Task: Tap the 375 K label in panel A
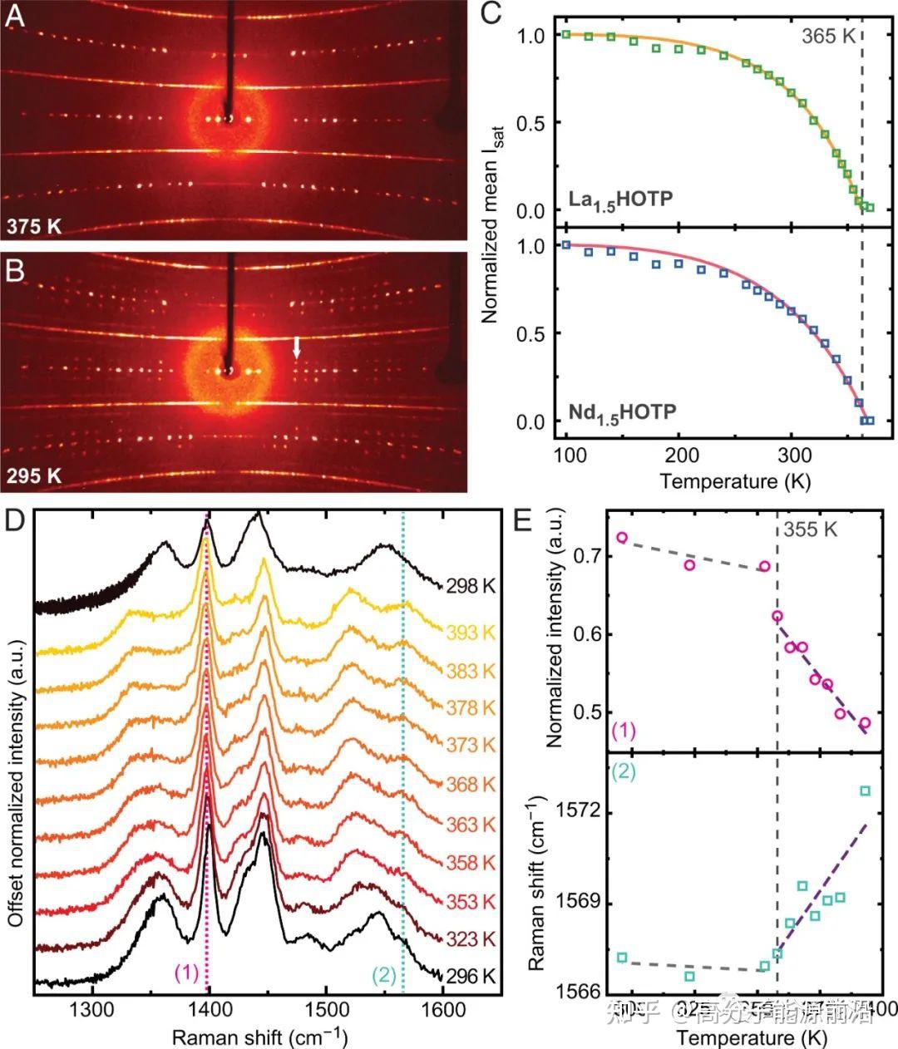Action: click(x=34, y=224)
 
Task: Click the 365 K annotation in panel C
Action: click(x=827, y=36)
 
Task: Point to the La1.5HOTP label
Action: click(x=620, y=200)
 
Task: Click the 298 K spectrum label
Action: click(x=470, y=586)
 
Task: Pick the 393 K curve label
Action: click(x=470, y=633)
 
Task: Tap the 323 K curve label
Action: click(x=470, y=939)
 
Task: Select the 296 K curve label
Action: click(x=470, y=976)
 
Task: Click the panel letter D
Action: click(x=14, y=520)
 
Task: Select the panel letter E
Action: click(x=523, y=520)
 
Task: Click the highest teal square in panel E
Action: click(x=865, y=790)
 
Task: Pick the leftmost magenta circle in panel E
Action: click(x=622, y=538)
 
